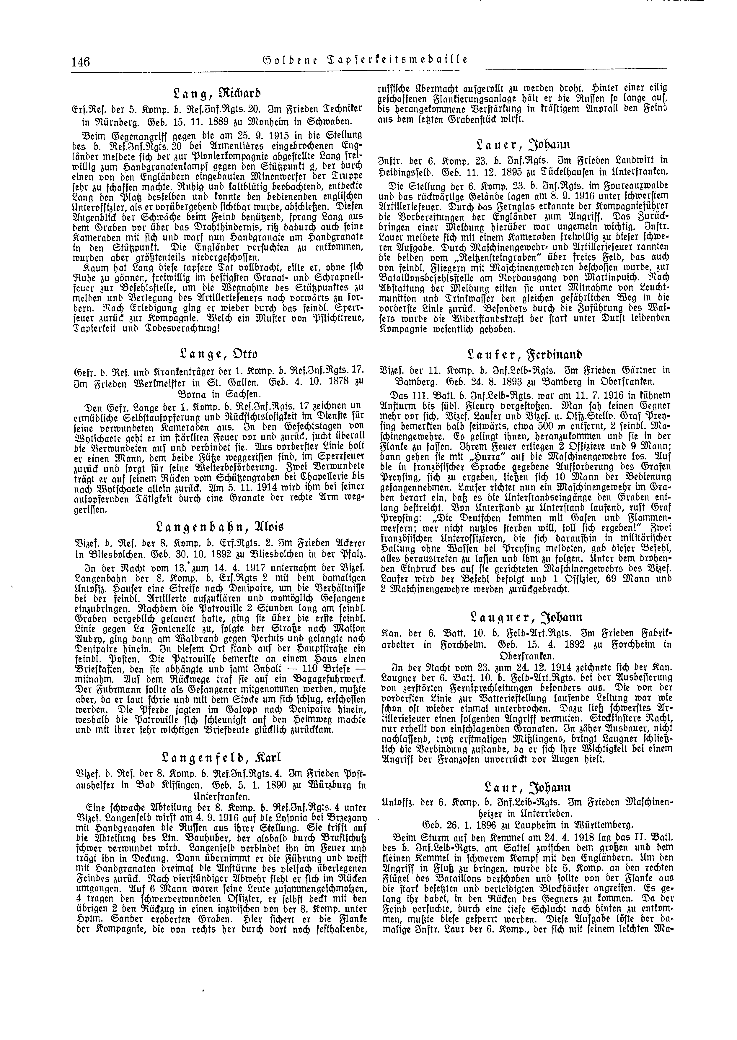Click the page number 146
coord(80,61)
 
